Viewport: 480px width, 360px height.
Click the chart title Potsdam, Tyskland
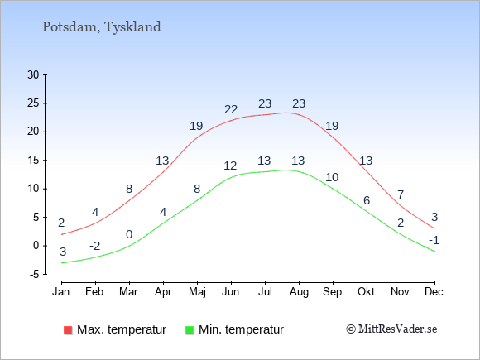102,27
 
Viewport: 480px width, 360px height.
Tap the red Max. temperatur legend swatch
68,330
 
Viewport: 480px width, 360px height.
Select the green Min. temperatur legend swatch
190,330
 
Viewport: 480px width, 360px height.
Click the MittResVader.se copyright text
391,329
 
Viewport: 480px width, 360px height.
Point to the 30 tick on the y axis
33,74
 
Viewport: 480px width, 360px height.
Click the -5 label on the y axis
35,274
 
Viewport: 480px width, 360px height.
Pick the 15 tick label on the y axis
33,160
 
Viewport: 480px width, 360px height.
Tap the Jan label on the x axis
61,292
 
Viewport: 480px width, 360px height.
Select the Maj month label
197,292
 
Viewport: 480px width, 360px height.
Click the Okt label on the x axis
366,292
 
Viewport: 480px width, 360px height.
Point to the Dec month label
434,292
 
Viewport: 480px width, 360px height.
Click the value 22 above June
231,109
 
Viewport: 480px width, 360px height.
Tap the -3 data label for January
61,252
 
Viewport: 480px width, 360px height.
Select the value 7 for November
401,194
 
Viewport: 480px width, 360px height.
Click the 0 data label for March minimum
129,234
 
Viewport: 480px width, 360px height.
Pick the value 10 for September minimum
332,177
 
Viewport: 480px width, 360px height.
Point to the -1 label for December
434,240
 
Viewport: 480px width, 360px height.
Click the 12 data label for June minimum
230,166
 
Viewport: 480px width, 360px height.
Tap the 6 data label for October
367,200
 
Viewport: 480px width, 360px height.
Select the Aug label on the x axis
299,292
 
